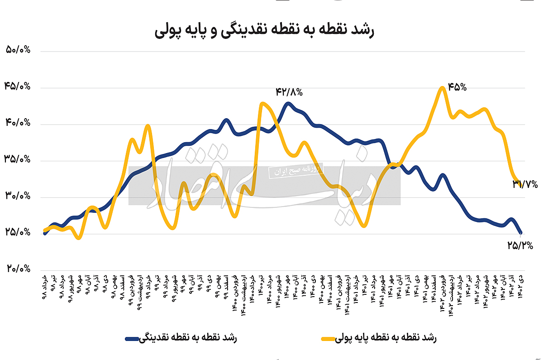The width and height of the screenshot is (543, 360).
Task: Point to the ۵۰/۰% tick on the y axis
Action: [18, 50]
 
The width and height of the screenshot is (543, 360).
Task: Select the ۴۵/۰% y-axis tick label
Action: [18, 86]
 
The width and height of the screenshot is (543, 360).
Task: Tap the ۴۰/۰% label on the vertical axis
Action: [18, 123]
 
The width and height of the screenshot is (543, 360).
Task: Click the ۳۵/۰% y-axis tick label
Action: [18, 159]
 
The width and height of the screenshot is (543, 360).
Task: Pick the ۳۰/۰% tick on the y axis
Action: [18, 196]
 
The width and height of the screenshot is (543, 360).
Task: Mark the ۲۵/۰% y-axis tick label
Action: [18, 232]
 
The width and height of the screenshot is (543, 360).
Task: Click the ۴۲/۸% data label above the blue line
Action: [289, 92]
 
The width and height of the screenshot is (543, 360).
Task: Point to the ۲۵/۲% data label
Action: [520, 245]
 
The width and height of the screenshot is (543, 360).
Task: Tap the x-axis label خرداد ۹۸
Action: [44, 286]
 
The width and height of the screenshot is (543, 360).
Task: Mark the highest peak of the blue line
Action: [288, 103]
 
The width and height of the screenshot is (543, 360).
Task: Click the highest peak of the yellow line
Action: [443, 87]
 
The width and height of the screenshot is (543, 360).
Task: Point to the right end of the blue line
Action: [521, 233]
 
